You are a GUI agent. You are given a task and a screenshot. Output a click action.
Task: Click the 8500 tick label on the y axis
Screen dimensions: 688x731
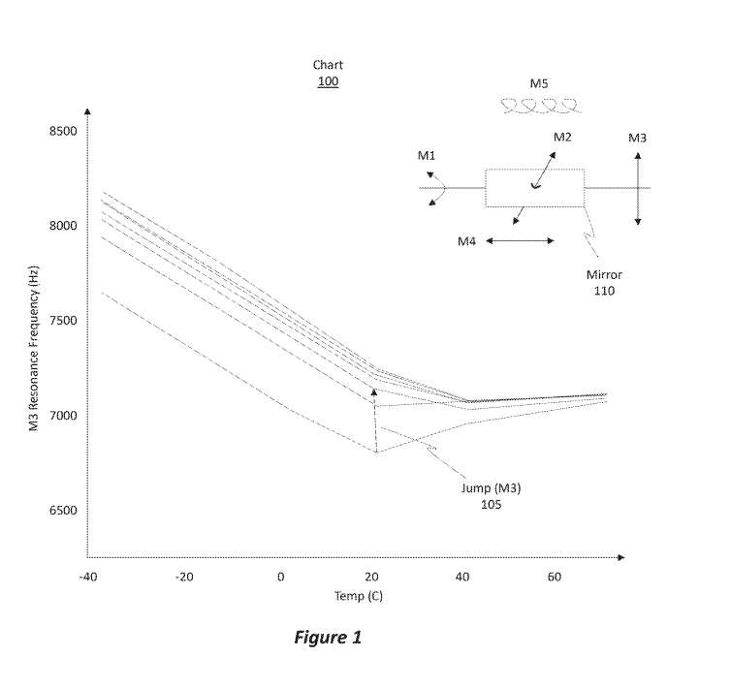[63, 131]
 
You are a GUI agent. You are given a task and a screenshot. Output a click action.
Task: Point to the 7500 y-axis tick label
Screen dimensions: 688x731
[63, 321]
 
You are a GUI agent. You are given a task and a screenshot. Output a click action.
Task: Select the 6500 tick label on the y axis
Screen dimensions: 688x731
[63, 511]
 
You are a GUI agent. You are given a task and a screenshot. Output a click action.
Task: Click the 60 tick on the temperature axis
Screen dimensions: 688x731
[555, 578]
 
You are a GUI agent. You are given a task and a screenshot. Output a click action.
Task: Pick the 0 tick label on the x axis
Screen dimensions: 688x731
[281, 578]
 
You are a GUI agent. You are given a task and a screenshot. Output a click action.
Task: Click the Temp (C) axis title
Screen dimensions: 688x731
[359, 596]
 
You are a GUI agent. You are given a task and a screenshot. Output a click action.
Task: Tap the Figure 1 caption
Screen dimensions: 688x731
[328, 638]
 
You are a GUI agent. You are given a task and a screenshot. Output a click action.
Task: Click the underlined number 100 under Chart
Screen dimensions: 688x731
[328, 81]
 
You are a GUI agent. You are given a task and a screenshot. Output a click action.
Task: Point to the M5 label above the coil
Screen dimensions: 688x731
[539, 84]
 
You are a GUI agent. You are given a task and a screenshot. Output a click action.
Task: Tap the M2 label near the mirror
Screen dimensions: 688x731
[562, 137]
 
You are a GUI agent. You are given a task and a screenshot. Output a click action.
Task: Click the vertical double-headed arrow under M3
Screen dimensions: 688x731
[638, 188]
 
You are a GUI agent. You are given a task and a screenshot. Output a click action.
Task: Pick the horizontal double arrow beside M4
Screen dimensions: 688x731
[520, 240]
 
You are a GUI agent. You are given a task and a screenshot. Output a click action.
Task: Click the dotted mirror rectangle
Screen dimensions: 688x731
[534, 188]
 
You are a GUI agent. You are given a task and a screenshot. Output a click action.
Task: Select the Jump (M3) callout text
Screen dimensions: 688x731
[490, 488]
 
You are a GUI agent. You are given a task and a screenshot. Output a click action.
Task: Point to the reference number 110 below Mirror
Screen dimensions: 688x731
[604, 291]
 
